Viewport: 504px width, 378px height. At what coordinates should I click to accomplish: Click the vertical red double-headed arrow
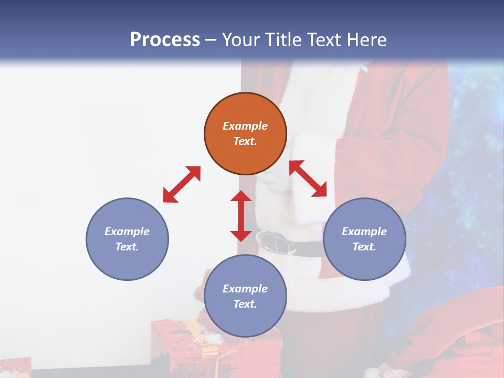241,216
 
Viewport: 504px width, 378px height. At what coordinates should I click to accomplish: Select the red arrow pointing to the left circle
182,184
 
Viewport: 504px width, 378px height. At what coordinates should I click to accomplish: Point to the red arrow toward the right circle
308,178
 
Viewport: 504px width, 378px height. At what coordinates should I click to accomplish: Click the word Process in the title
165,39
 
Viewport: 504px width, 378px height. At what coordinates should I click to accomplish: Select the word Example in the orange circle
245,126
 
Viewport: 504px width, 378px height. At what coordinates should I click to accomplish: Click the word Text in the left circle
127,247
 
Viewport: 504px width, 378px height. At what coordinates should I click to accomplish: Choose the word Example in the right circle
364,232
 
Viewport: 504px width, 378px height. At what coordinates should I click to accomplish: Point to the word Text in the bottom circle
245,304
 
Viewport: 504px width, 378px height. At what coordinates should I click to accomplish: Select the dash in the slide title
211,39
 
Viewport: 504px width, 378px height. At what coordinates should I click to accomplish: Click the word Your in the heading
241,39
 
